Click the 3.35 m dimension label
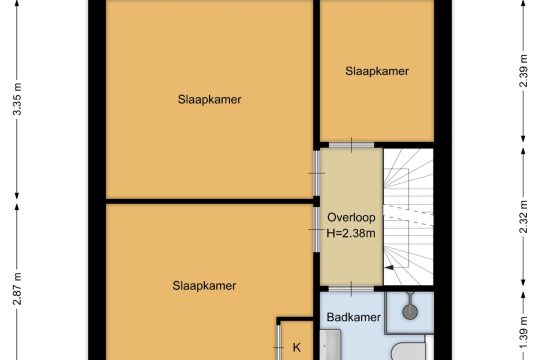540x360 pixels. (17, 99)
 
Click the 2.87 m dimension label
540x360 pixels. (17, 289)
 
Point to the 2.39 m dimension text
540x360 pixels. (523, 71)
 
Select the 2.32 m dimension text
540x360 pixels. (523, 217)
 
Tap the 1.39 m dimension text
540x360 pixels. (523, 332)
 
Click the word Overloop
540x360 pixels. (351, 217)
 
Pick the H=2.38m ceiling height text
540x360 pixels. (351, 233)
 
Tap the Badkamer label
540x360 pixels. (354, 317)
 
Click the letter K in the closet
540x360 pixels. (297, 347)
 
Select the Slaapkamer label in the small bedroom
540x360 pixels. (377, 71)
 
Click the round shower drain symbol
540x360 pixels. (410, 311)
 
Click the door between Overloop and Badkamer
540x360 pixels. (351, 289)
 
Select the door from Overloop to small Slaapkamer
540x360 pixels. (351, 145)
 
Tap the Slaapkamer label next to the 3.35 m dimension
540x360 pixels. (209, 100)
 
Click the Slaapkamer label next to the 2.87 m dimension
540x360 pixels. (204, 286)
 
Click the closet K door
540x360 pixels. (279, 342)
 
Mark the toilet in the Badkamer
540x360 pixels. (408, 351)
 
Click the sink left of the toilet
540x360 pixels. (330, 344)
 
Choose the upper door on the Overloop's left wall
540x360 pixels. (316, 173)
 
